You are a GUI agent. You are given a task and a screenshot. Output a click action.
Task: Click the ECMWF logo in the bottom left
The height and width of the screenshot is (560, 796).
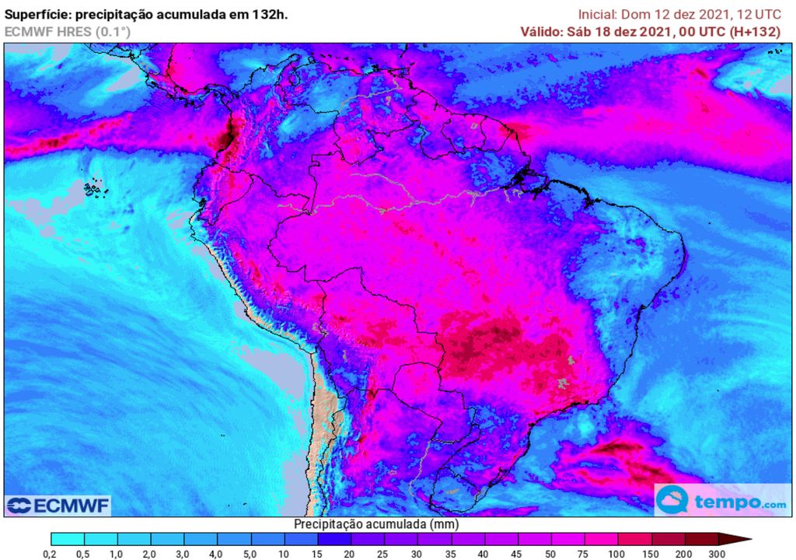(x=58, y=506)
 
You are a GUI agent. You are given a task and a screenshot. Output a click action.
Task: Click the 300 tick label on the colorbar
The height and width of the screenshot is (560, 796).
(x=717, y=553)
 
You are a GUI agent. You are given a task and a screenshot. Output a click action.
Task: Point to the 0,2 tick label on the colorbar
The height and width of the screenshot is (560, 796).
(x=51, y=553)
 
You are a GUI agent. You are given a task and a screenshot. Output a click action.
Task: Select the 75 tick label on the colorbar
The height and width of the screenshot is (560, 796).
(x=584, y=553)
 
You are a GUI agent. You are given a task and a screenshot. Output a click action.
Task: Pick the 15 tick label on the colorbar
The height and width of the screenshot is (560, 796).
(x=317, y=553)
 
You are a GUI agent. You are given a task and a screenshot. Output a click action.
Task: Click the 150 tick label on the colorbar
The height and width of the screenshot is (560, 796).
(x=651, y=553)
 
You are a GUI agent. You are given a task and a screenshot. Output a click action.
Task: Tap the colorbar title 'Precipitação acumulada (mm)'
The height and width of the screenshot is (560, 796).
(x=370, y=524)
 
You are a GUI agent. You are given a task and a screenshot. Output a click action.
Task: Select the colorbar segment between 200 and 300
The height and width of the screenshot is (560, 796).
(x=700, y=538)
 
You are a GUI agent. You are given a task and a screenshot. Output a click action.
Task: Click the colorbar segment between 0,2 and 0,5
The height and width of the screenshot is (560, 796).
(x=68, y=538)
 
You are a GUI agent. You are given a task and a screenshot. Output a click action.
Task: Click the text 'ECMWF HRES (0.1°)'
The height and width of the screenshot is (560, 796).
(x=68, y=32)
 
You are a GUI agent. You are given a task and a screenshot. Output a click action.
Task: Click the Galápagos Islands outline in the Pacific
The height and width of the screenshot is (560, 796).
(x=94, y=187)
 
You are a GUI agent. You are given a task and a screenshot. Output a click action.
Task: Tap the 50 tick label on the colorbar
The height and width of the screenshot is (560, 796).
(x=550, y=553)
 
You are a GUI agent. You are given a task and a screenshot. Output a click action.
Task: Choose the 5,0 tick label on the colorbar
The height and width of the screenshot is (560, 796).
(x=250, y=553)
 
